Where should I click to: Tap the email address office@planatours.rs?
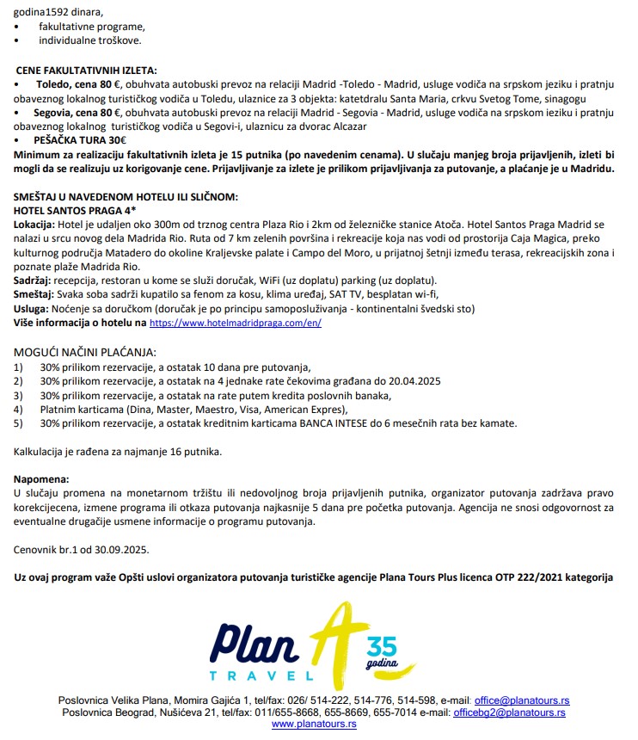pyautogui.click(x=522, y=700)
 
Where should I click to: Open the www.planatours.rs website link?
pyautogui.click(x=314, y=725)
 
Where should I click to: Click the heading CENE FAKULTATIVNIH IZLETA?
pyautogui.click(x=88, y=71)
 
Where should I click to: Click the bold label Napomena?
pyautogui.click(x=40, y=478)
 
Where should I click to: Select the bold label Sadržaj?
pyautogui.click(x=33, y=281)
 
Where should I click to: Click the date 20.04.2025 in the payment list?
pyautogui.click(x=409, y=381)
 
